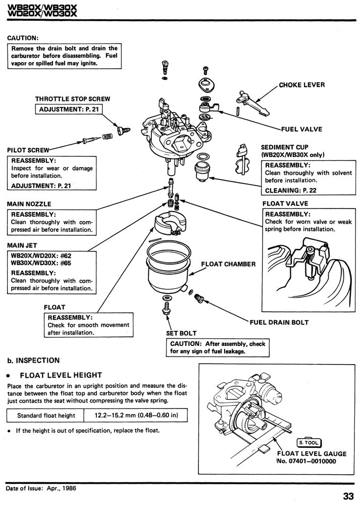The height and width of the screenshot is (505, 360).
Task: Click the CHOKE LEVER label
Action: click(302, 85)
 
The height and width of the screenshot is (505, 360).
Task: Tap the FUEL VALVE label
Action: click(303, 129)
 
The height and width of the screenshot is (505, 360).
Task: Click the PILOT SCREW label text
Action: click(28, 150)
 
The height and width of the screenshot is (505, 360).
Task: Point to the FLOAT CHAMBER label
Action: click(228, 264)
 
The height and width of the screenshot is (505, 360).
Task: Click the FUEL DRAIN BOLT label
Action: click(279, 322)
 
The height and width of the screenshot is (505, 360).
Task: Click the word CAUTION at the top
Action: click(23, 37)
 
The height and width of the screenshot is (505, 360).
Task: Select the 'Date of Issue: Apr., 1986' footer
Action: click(41, 488)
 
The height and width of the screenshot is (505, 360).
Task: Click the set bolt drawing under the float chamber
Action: click(166, 310)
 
